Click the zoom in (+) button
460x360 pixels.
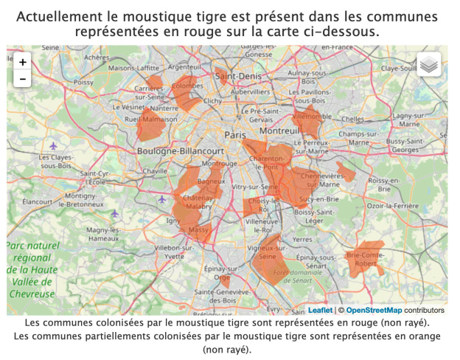tap(22, 62)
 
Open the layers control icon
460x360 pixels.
tap(430, 65)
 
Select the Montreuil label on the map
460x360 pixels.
tap(278, 131)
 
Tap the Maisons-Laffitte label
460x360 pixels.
tap(133, 69)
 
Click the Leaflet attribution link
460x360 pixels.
tap(320, 311)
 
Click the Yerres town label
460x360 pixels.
tap(302, 240)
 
